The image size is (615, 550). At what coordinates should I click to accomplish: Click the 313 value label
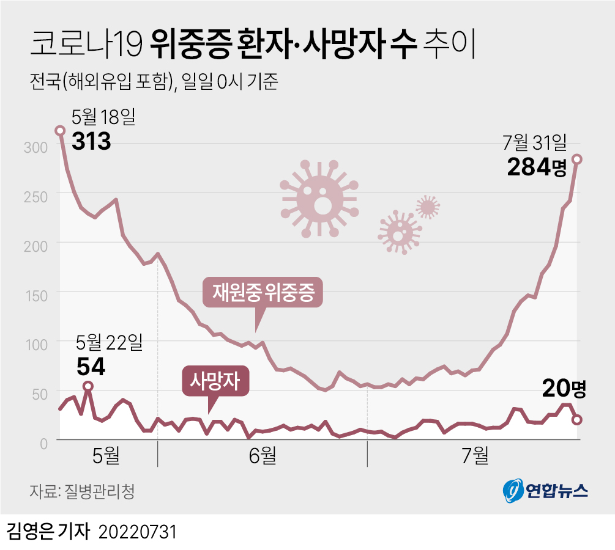tap(91, 142)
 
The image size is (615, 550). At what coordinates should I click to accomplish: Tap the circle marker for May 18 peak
tap(60, 130)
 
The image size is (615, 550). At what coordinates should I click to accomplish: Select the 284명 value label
tap(537, 166)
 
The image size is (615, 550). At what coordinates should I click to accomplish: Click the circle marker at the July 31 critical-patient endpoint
tap(576, 159)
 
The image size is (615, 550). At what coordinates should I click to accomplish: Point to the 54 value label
tap(91, 366)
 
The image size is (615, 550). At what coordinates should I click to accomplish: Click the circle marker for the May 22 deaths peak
tap(88, 386)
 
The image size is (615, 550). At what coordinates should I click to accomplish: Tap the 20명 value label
tap(564, 387)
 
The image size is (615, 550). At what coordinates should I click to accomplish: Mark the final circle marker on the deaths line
tap(576, 420)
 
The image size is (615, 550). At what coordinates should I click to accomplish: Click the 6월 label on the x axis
tap(263, 454)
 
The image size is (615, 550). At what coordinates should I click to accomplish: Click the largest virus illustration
tap(319, 197)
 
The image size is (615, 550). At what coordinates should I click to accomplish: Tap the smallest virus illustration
tap(427, 207)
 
